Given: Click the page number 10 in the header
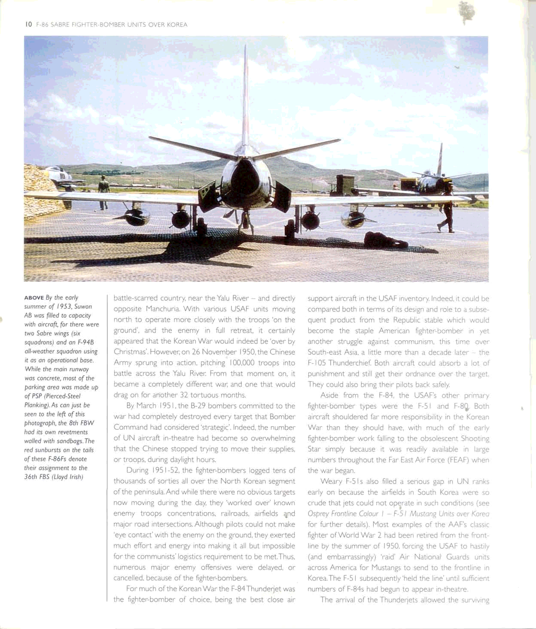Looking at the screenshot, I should coord(29,24).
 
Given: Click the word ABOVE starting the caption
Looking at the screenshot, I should coord(34,298).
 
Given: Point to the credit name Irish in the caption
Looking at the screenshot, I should coord(76,477).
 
